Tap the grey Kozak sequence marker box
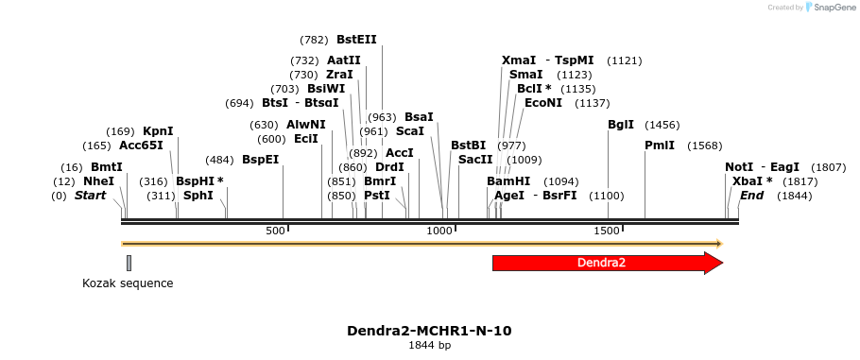pyautogui.click(x=129, y=263)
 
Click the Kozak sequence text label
pyautogui.click(x=128, y=283)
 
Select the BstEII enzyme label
pyautogui.click(x=356, y=40)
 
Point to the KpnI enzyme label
pyautogui.click(x=158, y=131)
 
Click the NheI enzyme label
pyautogui.click(x=98, y=181)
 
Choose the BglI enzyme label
pyautogui.click(x=620, y=125)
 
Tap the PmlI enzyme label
pyautogui.click(x=660, y=146)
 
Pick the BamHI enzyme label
pyautogui.click(x=508, y=181)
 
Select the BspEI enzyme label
pyautogui.click(x=261, y=160)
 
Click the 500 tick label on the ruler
pyautogui.click(x=275, y=231)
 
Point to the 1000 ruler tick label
pyautogui.click(x=439, y=231)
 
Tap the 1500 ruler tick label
pyautogui.click(x=606, y=231)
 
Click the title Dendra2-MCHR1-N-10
pyautogui.click(x=430, y=331)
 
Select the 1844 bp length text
pyautogui.click(x=430, y=345)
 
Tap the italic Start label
pyautogui.click(x=90, y=196)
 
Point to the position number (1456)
pyautogui.click(x=662, y=125)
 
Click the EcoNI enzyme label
pyautogui.click(x=543, y=103)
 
